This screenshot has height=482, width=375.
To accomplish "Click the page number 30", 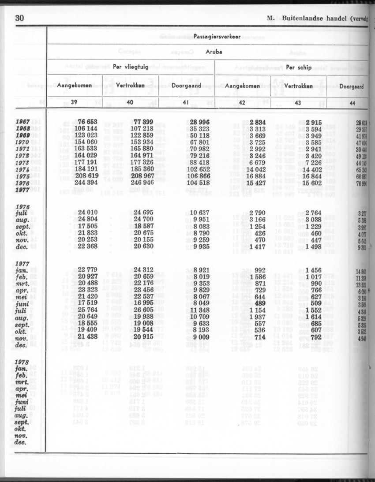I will click(x=19, y=18).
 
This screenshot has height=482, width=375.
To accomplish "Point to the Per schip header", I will click(x=299, y=68).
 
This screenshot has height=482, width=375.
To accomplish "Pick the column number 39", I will click(x=74, y=103).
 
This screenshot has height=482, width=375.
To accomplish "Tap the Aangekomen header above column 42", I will click(x=242, y=86).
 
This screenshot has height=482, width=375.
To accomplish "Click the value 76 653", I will click(x=87, y=122).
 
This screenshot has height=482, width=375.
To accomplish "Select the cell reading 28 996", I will click(x=197, y=122).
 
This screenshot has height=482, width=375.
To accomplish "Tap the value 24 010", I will click(x=87, y=213).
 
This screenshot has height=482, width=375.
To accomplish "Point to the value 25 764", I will click(x=87, y=310).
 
